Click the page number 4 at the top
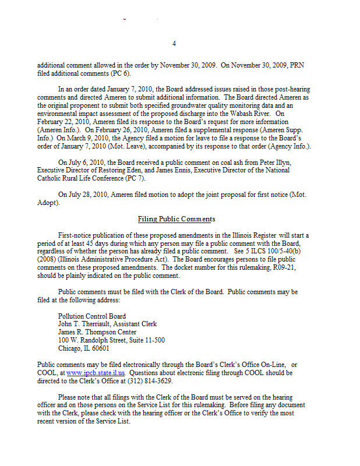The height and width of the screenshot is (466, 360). point(174,44)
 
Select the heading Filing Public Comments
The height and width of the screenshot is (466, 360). point(177,219)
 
